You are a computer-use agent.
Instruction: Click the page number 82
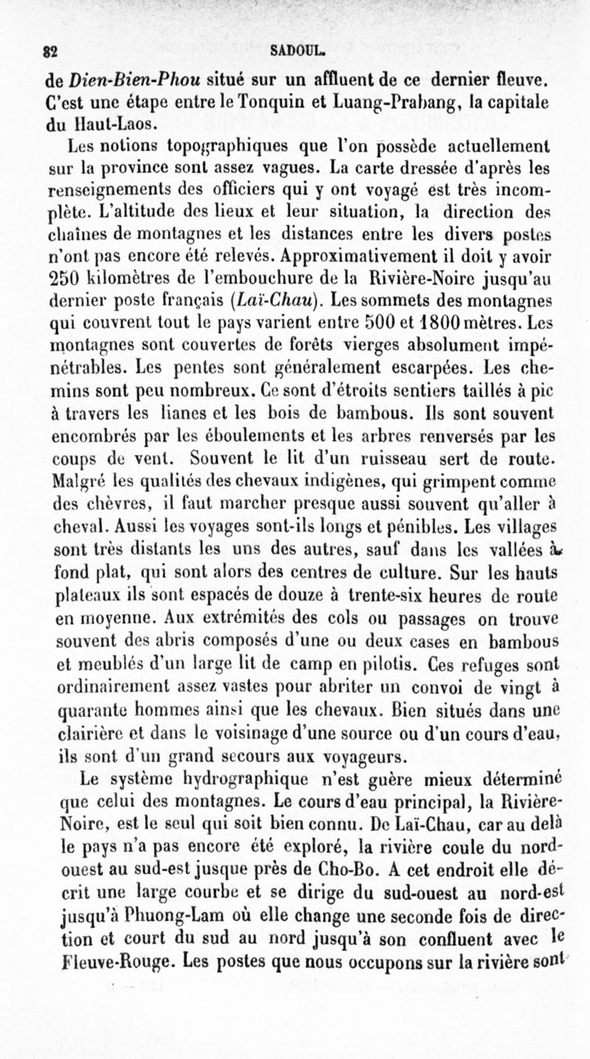[x=52, y=52]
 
